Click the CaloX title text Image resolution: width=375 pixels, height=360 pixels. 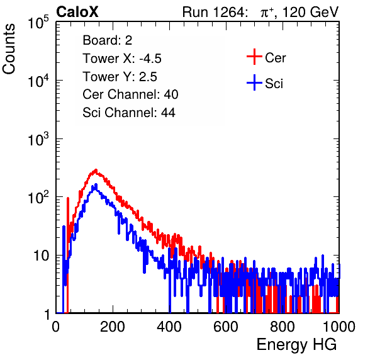click(x=77, y=12)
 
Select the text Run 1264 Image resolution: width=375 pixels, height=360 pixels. click(x=213, y=12)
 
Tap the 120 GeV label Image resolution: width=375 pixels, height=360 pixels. click(x=310, y=12)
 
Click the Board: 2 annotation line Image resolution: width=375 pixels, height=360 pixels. click(x=108, y=40)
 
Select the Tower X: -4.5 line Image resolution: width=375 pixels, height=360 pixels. click(x=122, y=59)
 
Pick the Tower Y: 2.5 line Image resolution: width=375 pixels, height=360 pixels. click(x=120, y=77)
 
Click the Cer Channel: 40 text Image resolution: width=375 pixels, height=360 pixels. click(x=130, y=94)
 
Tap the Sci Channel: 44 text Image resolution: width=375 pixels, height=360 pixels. click(x=129, y=113)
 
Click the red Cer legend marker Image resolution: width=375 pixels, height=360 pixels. click(x=254, y=57)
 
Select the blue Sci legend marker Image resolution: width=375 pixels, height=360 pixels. click(x=254, y=82)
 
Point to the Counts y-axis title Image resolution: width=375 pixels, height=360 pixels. click(x=9, y=48)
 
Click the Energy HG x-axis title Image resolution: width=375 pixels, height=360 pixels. click(x=296, y=345)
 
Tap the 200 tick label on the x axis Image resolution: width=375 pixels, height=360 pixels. click(x=113, y=327)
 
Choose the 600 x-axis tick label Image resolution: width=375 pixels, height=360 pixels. click(x=226, y=327)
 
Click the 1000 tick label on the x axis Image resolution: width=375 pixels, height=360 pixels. click(x=339, y=327)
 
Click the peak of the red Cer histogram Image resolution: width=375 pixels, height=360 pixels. click(x=96, y=169)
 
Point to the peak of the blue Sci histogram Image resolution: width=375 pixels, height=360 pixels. click(x=96, y=184)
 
